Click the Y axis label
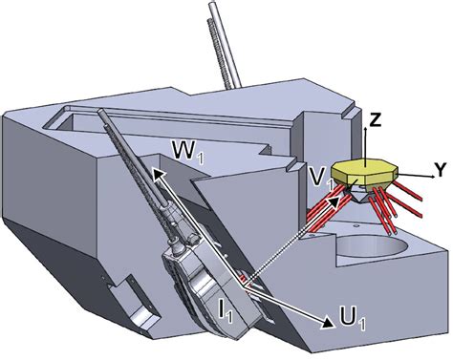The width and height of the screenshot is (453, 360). [x=441, y=170]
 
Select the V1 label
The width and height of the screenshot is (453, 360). [x=321, y=178]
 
